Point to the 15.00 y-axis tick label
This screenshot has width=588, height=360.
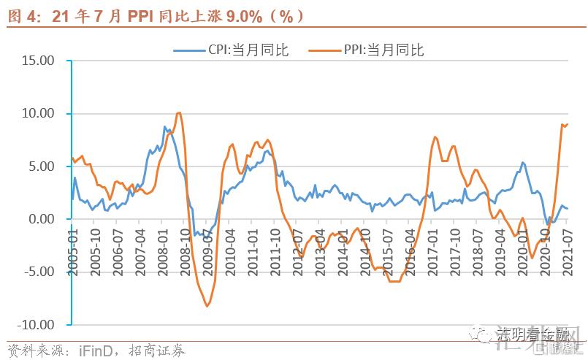click(38, 61)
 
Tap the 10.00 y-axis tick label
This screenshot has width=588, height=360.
click(38, 114)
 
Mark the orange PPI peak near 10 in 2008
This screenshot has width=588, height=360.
click(179, 112)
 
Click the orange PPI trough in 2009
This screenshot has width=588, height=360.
click(207, 306)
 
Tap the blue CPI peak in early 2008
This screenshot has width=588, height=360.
click(165, 127)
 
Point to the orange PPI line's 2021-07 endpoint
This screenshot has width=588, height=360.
click(568, 124)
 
